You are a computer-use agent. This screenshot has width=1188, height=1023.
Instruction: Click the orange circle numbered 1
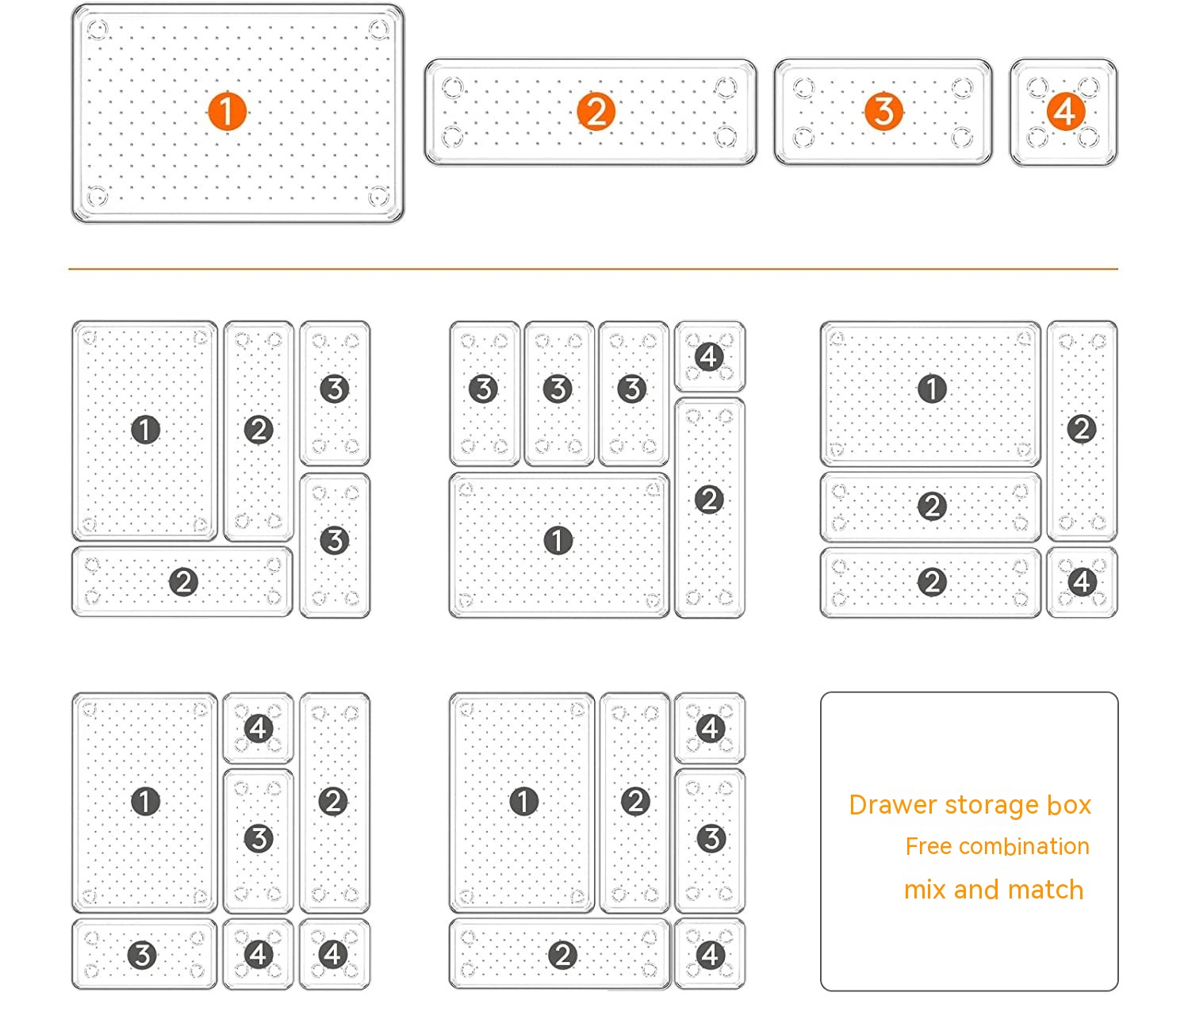pos(227,111)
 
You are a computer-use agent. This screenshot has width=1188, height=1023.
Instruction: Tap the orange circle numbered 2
pos(596,111)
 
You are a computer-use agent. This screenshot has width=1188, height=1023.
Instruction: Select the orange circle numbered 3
pos(883,111)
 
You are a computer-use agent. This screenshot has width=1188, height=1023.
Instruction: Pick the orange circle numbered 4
pos(1065,111)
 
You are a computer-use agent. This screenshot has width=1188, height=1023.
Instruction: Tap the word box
pos(1069,805)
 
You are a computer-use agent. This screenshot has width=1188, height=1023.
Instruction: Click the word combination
pos(1024,846)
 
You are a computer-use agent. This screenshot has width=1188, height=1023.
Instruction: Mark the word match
pos(1045,890)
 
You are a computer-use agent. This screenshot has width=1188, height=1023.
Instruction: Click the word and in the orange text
pos(976,890)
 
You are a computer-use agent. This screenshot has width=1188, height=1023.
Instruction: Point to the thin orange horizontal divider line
pos(593,268)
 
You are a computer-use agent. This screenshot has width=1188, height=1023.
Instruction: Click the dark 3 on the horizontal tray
pos(142,955)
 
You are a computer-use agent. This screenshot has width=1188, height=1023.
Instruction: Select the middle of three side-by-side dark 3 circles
pos(558,389)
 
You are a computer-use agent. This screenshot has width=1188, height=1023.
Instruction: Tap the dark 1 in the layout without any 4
pos(145,429)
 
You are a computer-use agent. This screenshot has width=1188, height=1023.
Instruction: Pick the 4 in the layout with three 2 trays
pos(1083,582)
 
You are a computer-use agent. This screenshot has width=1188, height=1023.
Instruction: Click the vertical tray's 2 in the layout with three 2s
pos(1082,429)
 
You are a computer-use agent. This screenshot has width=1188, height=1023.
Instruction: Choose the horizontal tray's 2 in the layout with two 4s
pos(562,955)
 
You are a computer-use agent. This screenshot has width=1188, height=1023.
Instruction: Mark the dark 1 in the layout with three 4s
pos(145,801)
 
